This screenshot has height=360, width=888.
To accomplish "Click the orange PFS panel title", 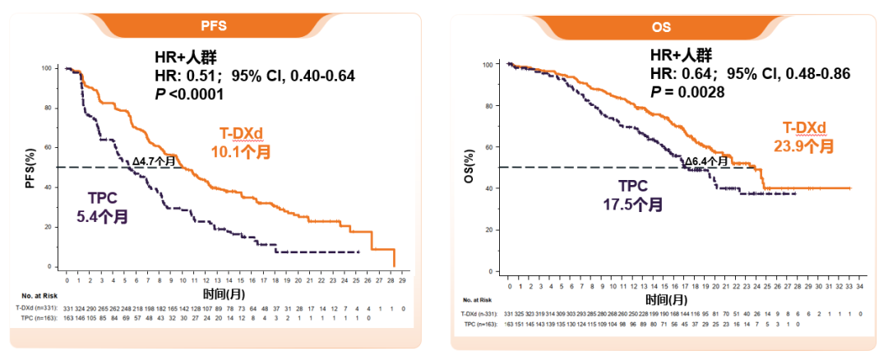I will [x=217, y=25].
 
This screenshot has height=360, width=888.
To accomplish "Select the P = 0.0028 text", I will [x=687, y=92].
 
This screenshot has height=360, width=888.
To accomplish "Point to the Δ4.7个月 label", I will [x=155, y=160].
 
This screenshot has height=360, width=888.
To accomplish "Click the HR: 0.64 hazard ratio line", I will [x=749, y=74].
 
